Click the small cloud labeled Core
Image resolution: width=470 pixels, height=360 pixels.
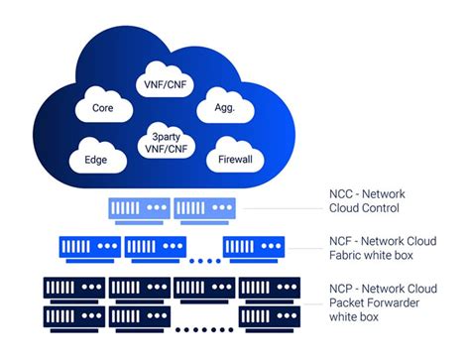[x=102, y=107]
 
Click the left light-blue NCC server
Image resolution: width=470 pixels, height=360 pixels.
[x=138, y=208]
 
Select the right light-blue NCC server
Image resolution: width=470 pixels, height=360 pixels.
[x=205, y=208]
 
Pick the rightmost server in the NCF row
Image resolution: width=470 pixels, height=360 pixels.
[x=254, y=247]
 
